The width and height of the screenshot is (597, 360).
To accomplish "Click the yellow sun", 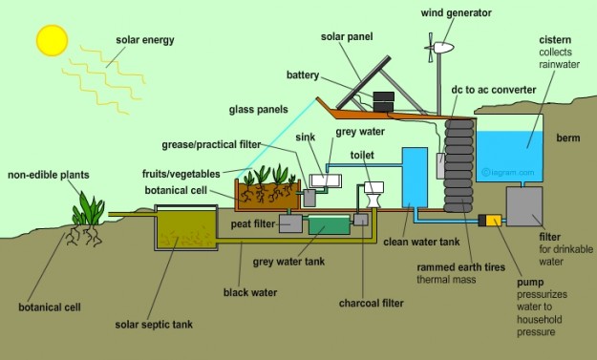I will (51, 39).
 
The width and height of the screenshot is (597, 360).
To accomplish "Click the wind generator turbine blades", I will (440, 47).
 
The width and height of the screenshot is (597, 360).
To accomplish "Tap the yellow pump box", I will (493, 221).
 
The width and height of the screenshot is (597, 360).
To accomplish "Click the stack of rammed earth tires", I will (459, 158).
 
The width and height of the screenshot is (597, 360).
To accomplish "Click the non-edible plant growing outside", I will (91, 212).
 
